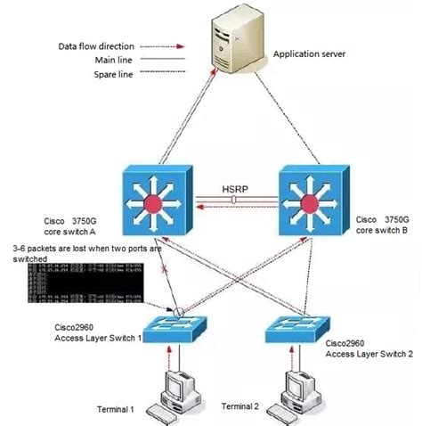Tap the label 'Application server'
tap(310, 53)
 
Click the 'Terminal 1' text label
tap(116, 409)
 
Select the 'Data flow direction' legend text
tap(97, 44)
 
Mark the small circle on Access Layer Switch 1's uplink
tap(179, 312)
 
